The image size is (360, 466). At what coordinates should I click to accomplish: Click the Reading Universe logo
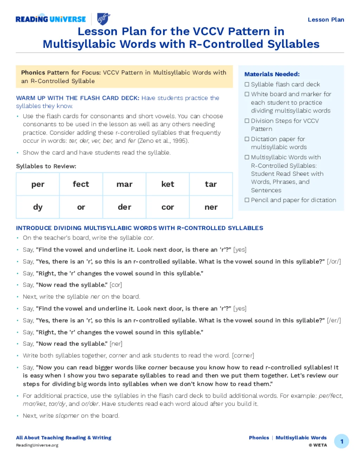[x=51, y=19]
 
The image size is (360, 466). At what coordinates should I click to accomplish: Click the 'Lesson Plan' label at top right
[x=326, y=20]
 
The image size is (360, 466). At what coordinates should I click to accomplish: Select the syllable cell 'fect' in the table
[x=81, y=184]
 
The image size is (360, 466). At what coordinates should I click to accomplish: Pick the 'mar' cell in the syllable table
[x=124, y=184]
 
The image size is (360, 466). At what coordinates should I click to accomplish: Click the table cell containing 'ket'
[x=168, y=184]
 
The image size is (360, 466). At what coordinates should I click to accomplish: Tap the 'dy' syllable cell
[x=38, y=207]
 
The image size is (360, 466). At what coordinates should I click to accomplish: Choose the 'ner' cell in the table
[x=211, y=207]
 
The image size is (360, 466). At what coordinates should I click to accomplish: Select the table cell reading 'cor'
[x=168, y=207]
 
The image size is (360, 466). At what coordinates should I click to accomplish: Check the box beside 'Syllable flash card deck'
[x=247, y=84]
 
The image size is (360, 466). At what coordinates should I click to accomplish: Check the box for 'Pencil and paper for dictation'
[x=247, y=200]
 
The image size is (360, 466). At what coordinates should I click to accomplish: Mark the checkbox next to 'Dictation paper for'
[x=247, y=139]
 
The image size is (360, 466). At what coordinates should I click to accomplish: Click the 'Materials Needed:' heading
[x=272, y=74]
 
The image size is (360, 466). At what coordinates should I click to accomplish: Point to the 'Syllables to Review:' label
[x=46, y=166]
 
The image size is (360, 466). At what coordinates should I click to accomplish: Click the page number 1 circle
[x=341, y=441]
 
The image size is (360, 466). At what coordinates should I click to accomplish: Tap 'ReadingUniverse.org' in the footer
[x=37, y=445]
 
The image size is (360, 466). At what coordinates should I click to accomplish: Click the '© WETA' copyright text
[x=318, y=445]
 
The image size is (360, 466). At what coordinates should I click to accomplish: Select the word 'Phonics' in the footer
[x=259, y=438]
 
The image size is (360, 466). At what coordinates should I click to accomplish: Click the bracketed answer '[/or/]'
[x=334, y=262]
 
